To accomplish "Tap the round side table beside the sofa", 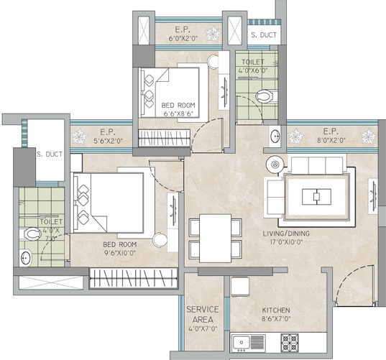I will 273,163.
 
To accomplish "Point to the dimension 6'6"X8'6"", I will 180,114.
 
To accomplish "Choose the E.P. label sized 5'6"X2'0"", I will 109,132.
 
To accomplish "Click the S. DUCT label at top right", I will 262,34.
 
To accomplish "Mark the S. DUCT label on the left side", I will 49,153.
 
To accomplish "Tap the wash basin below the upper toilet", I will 275,136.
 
